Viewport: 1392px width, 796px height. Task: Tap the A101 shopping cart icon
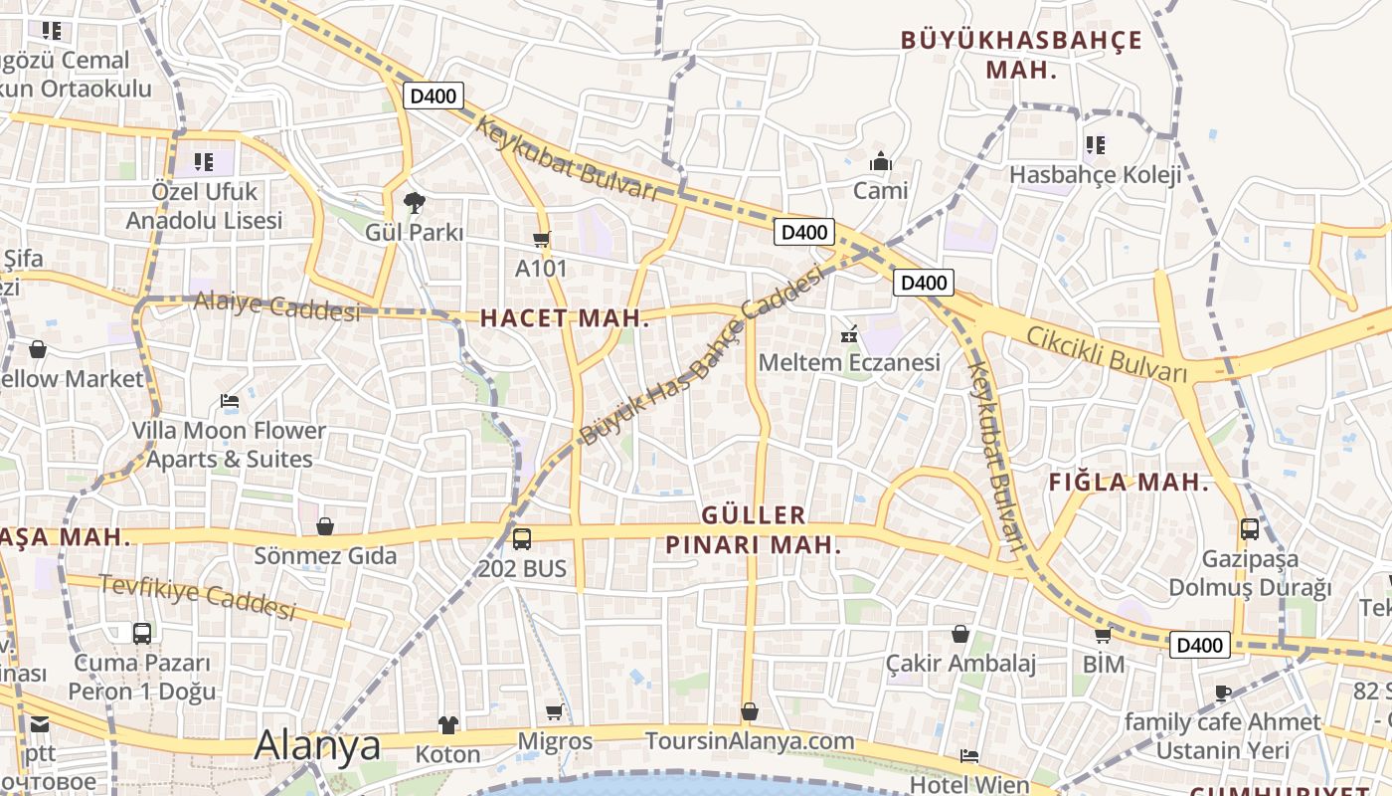(541, 239)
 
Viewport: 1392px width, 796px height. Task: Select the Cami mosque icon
(881, 161)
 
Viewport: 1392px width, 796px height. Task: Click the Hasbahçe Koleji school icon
(1095, 145)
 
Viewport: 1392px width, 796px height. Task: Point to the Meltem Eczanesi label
(849, 362)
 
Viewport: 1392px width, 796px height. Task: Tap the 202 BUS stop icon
(522, 539)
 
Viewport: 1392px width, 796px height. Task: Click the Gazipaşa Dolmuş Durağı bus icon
(1250, 529)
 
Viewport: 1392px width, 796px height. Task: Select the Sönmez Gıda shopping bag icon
(325, 526)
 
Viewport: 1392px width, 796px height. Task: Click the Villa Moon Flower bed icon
(230, 402)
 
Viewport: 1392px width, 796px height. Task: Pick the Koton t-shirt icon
(447, 725)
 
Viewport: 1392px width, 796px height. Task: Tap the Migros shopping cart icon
(555, 712)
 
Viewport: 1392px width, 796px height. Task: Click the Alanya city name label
(318, 745)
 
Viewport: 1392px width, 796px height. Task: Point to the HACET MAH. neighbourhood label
(565, 318)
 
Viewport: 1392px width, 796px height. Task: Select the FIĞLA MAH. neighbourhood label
(1129, 484)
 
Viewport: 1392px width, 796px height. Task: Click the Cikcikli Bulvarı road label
(1107, 354)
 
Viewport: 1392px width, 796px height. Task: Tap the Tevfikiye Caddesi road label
(198, 597)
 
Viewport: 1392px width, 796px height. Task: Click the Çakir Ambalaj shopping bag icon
(960, 634)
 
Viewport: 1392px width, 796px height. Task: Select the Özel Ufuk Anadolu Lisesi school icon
(204, 161)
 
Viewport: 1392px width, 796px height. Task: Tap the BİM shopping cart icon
(1103, 635)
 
